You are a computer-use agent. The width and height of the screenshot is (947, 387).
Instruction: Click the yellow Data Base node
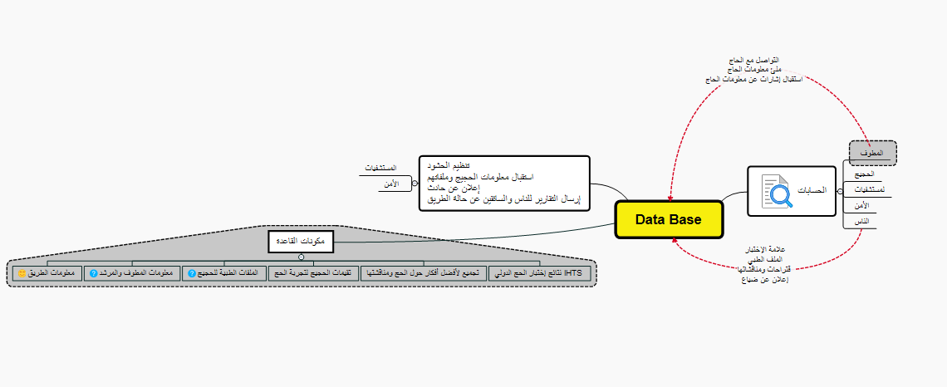point(669,219)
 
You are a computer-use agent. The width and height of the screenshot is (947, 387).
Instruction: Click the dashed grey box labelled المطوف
point(872,153)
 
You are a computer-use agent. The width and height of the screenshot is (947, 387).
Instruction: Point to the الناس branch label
point(861,221)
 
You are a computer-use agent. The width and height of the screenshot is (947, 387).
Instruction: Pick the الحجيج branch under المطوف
point(865,174)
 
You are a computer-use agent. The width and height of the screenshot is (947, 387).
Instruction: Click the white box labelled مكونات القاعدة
point(301,241)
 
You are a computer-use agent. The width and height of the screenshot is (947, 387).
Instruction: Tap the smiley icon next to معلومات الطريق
point(22,273)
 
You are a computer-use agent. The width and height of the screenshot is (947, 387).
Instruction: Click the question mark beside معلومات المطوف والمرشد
point(94,273)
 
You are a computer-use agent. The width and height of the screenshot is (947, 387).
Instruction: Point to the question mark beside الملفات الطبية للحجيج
point(192,273)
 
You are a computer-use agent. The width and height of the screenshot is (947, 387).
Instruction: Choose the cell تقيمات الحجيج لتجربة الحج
point(312,272)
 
